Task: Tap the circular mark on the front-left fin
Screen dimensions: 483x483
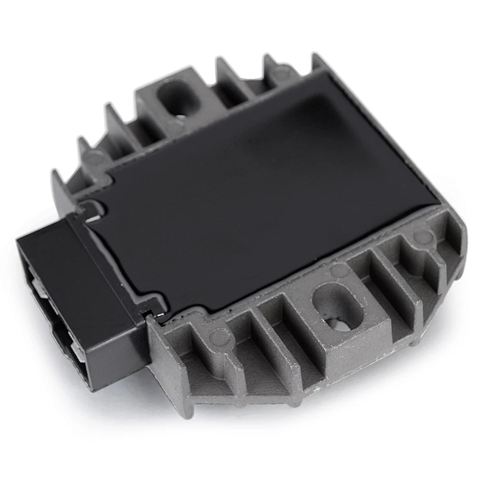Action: [x=218, y=333]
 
